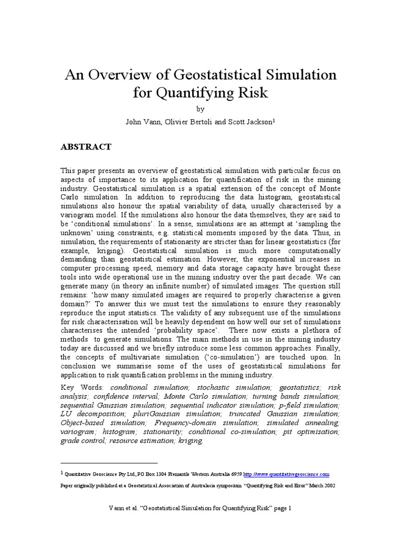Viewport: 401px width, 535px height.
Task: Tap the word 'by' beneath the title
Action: [200, 109]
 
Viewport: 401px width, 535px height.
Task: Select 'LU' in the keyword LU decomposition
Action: [66, 414]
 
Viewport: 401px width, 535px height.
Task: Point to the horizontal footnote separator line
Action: [109, 463]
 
